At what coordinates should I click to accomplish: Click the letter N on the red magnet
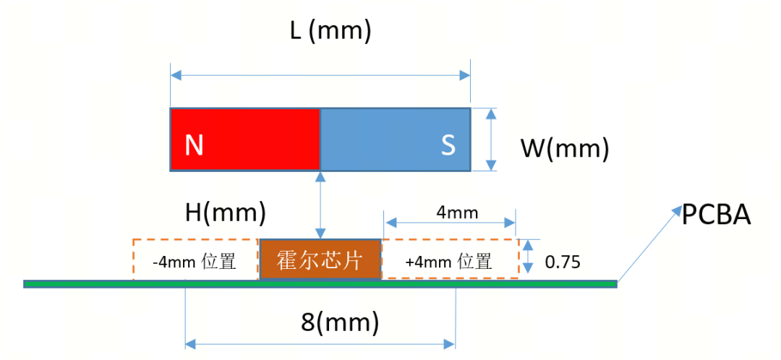[x=193, y=145]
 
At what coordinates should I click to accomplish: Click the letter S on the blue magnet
[x=448, y=145]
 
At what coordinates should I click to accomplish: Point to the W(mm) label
[x=565, y=149]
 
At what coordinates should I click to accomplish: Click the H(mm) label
[x=226, y=213]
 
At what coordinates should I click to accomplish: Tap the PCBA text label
[x=716, y=215]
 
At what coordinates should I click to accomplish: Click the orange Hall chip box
[x=320, y=259]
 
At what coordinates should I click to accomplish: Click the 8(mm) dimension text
[x=339, y=322]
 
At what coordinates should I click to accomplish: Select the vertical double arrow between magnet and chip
[x=320, y=205]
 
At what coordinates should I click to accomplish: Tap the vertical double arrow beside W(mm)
[x=491, y=140]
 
